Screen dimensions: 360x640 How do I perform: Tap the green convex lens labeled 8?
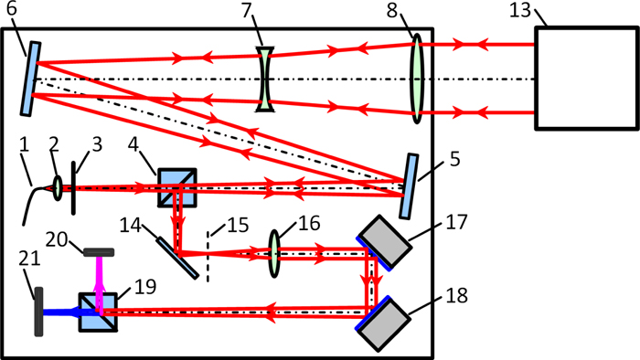tap(417, 78)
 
